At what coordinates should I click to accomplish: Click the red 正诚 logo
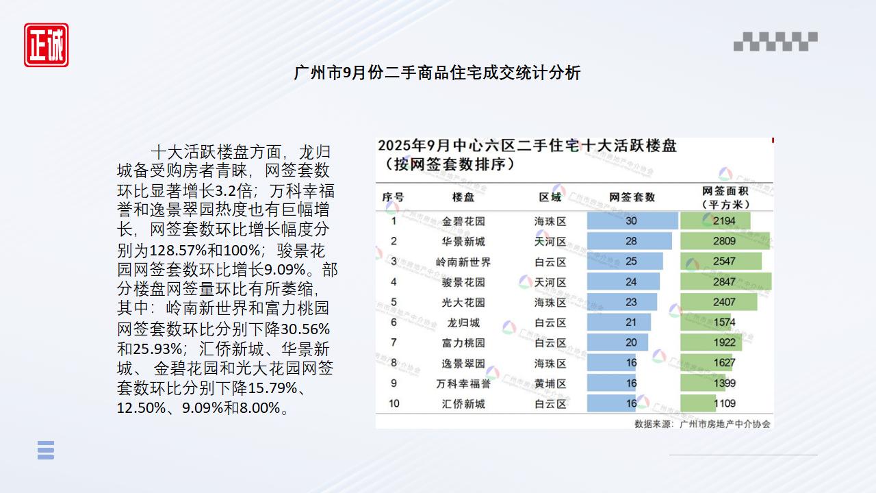point(46,45)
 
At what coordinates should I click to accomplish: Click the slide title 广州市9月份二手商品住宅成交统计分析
point(437,73)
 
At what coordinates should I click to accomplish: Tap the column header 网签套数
point(631,197)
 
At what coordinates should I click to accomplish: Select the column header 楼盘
point(463,197)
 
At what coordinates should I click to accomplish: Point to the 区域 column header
point(550,197)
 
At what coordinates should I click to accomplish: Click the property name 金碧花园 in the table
point(463,221)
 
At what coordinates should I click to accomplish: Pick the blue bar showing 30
point(632,220)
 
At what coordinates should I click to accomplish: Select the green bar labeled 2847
point(725,281)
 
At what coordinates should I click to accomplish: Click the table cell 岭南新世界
point(463,262)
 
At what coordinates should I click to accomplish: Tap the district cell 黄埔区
point(550,383)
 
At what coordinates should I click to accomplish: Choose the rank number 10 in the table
point(394,403)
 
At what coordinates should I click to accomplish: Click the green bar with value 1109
point(698,403)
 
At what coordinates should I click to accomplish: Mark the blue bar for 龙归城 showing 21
point(619,322)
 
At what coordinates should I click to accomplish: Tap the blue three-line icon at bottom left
point(46,450)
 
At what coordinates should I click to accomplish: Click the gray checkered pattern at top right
point(775,42)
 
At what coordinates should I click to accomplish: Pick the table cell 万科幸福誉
point(463,383)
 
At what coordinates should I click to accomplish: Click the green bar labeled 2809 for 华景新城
point(724,241)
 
